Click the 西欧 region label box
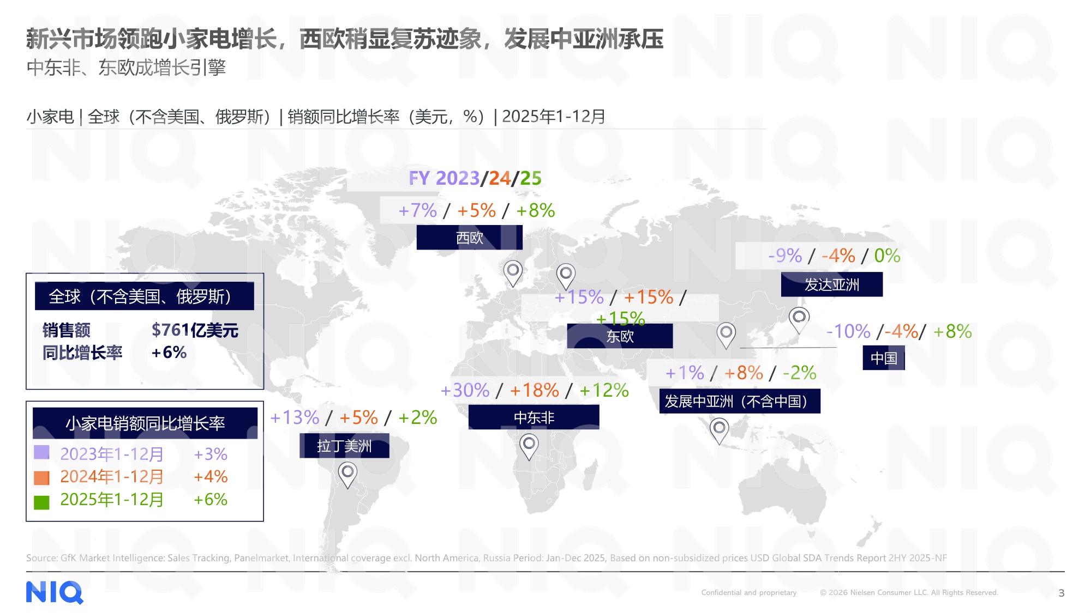tap(469, 238)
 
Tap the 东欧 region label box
tap(620, 336)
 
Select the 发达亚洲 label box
tap(831, 284)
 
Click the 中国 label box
tap(884, 358)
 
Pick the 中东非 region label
tap(533, 417)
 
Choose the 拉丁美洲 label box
tap(344, 446)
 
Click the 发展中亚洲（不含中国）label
tap(739, 402)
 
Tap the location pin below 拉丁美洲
tap(347, 474)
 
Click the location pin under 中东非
tap(529, 446)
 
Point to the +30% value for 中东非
tap(465, 390)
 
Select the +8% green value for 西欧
tap(535, 210)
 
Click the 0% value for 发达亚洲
tap(887, 256)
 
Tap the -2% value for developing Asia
tap(799, 373)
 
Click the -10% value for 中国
tap(848, 331)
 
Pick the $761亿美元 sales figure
tap(195, 330)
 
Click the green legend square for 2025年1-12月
tap(41, 502)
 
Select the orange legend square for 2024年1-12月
tap(41, 478)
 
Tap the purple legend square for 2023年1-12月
tap(41, 452)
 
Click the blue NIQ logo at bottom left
tap(55, 592)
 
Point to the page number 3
tap(1061, 593)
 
